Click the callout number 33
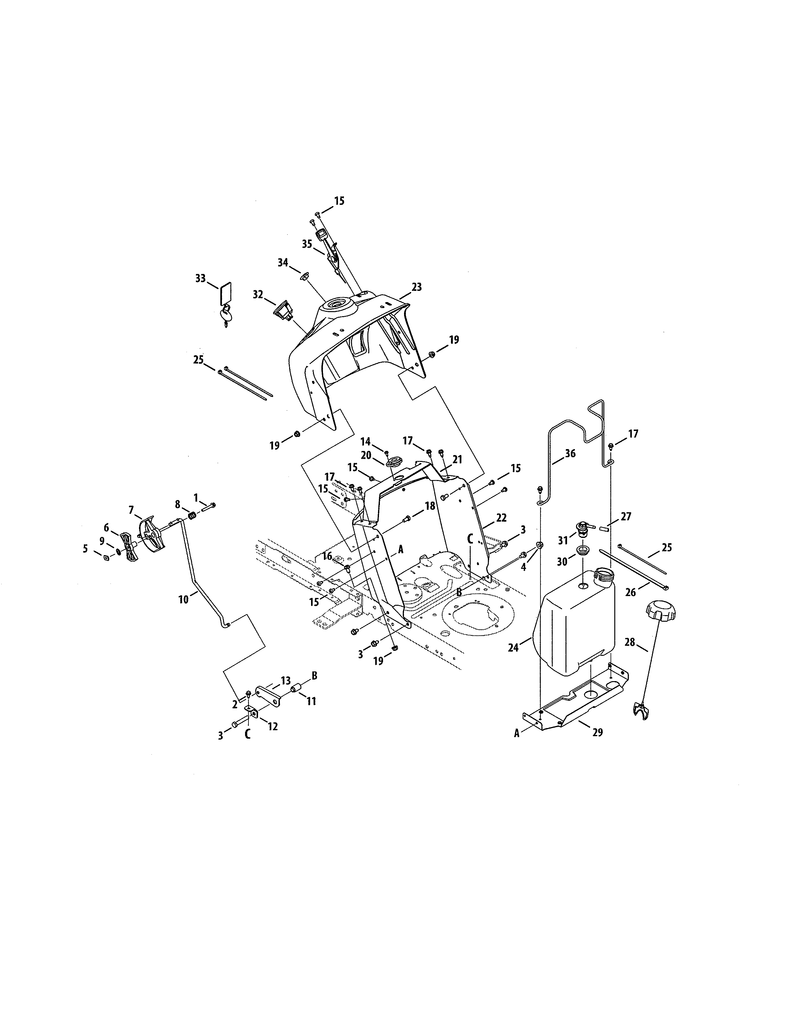(201, 278)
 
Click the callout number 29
(597, 732)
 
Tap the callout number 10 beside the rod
(183, 599)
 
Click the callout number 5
(85, 549)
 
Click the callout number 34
(283, 262)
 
